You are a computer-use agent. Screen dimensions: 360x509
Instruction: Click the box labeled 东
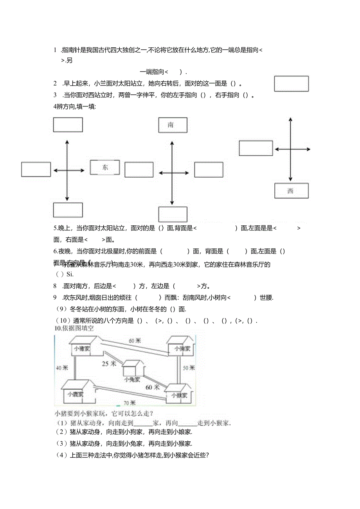tap(105, 167)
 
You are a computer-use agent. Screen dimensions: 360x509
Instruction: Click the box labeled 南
tap(173, 125)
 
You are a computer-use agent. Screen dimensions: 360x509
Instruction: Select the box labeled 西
tap(291, 191)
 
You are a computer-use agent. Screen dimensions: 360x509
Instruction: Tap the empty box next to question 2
tap(291, 84)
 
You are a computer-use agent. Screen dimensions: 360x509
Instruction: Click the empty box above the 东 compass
tap(68, 125)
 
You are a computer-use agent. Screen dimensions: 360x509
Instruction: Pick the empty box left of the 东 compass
tap(36, 169)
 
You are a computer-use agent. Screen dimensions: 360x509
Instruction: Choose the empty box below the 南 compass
tap(173, 214)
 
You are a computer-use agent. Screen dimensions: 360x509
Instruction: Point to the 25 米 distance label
tap(109, 364)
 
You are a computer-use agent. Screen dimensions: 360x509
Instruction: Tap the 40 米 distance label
tap(62, 368)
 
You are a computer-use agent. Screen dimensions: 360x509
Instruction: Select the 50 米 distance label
tap(189, 368)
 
